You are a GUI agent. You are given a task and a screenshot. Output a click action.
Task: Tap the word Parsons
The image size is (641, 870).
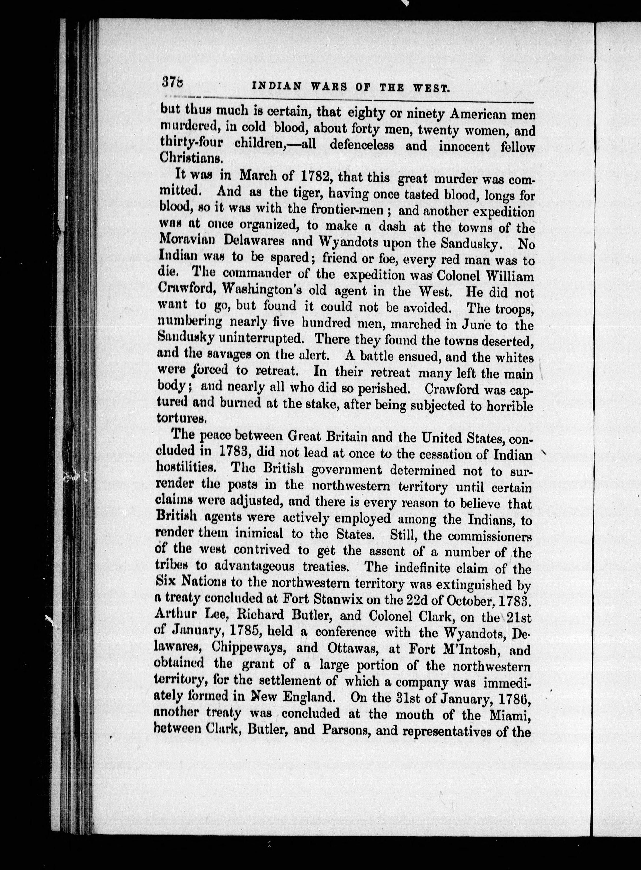pos(356,731)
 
